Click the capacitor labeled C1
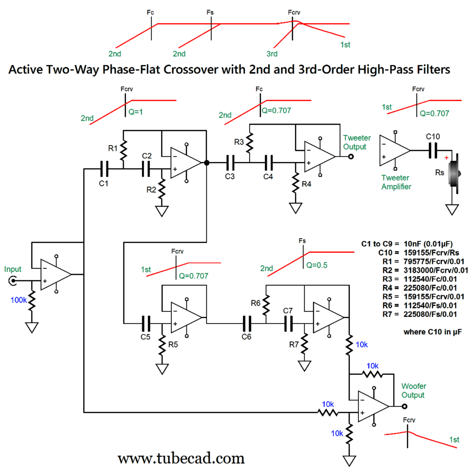click(x=104, y=169)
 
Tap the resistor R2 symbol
click(x=162, y=188)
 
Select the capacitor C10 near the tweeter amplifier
click(x=433, y=151)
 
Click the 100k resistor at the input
click(x=32, y=301)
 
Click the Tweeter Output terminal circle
click(x=351, y=156)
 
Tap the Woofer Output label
click(x=413, y=390)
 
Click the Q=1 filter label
click(x=136, y=112)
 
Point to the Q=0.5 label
click(x=317, y=265)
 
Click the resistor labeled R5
click(x=162, y=345)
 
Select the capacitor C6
click(x=247, y=323)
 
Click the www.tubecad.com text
click(x=181, y=458)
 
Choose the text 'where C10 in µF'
click(x=432, y=332)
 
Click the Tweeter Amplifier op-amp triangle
click(x=393, y=151)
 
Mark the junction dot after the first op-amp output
click(x=207, y=163)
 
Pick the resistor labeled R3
click(x=250, y=143)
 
